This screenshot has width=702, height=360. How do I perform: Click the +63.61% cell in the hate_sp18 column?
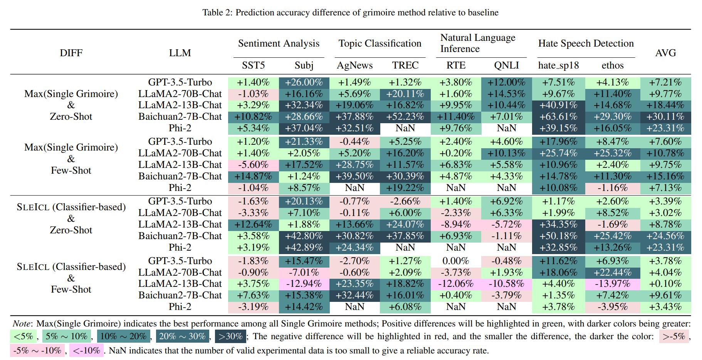pos(558,117)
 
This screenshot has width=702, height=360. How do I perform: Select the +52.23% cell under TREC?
pos(405,117)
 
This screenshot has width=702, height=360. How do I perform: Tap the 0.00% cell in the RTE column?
pos(456,261)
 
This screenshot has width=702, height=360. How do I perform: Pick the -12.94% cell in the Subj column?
pos(304,284)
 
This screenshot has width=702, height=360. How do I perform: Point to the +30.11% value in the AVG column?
pos(665,117)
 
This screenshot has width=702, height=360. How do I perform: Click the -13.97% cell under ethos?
pos(612,284)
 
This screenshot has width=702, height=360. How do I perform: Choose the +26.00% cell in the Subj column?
pos(304,82)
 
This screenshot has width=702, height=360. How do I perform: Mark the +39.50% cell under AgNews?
pos(354,176)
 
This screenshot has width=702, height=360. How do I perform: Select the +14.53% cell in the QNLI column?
pos(506,94)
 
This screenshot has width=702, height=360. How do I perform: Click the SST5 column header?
pos(253,65)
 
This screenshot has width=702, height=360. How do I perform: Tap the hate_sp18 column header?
pos(558,65)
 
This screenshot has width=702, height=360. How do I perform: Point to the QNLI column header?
pos(506,65)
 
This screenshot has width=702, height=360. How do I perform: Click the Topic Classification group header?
pos(380,44)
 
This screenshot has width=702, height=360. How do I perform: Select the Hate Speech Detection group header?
pos(586,44)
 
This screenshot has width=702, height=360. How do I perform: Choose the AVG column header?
pos(665,53)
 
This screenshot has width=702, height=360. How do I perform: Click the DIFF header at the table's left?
pos(71,53)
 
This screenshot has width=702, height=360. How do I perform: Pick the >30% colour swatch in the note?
pos(230,337)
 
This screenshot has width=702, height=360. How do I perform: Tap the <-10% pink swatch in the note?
pos(86,351)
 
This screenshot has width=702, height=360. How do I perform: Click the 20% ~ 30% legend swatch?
pos(182,337)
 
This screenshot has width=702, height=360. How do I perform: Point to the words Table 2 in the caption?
pos(217,13)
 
